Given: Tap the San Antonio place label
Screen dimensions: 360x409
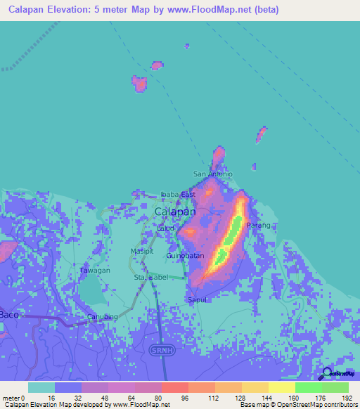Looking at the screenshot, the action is (x=208, y=174).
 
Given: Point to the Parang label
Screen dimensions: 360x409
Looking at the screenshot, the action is (x=258, y=225).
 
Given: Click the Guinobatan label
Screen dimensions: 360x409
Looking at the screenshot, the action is (x=185, y=256).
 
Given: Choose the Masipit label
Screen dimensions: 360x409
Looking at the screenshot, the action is (x=141, y=251).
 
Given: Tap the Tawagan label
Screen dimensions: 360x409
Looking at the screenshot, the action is (x=94, y=271).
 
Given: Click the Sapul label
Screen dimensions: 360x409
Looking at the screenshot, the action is (x=196, y=299).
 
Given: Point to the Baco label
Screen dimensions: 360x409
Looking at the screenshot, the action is (x=9, y=313).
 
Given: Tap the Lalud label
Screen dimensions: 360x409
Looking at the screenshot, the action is (x=165, y=228).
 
